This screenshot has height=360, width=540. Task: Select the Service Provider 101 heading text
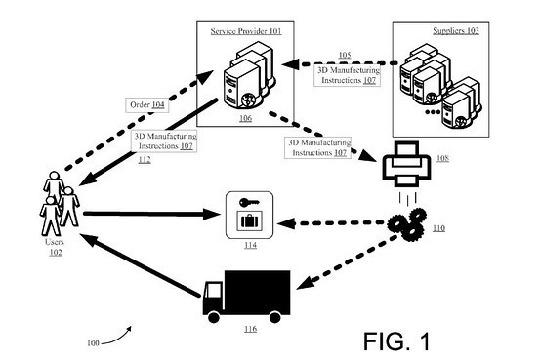[244, 31]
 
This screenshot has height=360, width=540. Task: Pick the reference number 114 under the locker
[250, 246]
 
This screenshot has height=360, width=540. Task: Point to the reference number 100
[93, 342]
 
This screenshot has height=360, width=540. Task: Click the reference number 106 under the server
[244, 117]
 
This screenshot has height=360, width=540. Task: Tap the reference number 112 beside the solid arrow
[144, 159]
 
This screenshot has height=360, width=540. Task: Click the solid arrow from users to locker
[146, 213]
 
